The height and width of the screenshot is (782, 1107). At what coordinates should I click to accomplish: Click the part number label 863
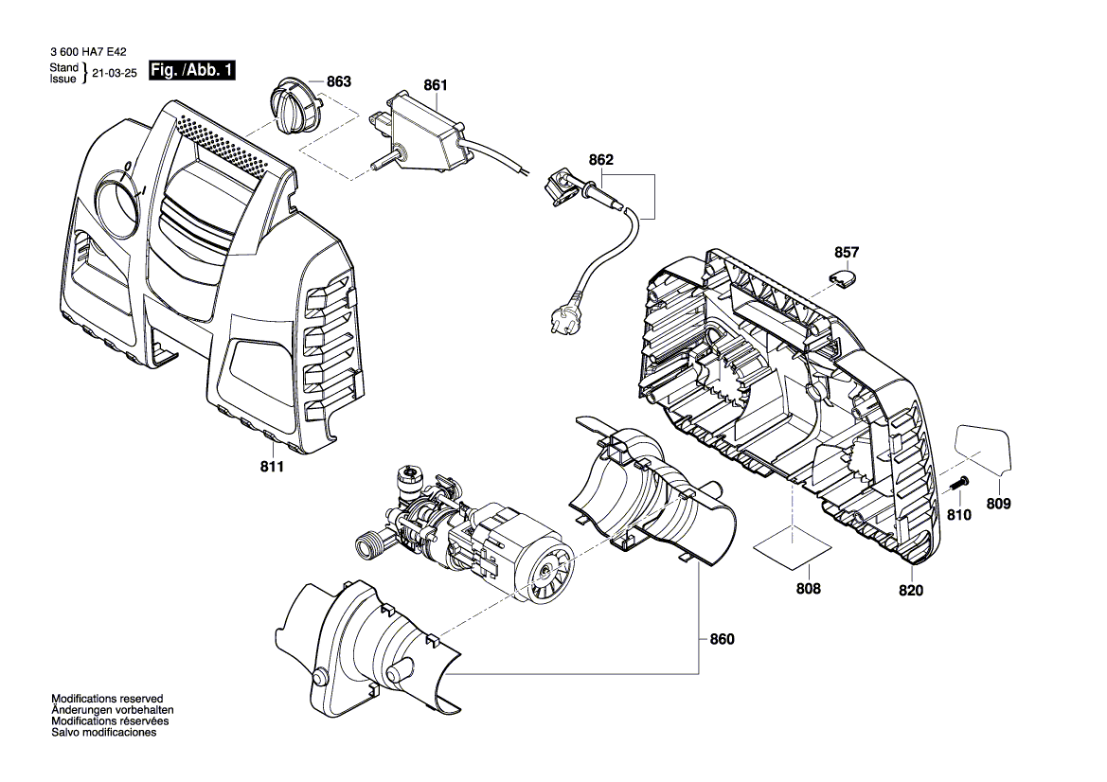(338, 82)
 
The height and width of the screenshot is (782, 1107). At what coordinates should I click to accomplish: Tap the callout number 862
(600, 161)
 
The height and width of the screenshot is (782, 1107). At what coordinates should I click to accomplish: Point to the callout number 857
(847, 253)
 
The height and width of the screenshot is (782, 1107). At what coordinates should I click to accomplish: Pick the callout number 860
(722, 639)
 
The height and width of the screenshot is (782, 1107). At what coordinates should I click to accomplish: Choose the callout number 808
(808, 589)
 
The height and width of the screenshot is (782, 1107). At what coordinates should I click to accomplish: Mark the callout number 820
(911, 591)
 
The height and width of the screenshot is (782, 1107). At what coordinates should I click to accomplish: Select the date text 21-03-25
(113, 72)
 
